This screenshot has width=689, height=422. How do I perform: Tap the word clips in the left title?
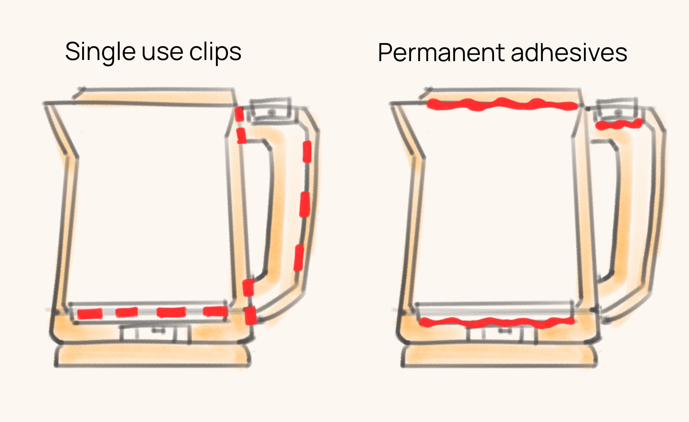tap(215, 52)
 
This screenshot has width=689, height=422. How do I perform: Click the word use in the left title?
tap(162, 52)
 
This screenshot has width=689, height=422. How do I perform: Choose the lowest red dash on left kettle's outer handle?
tap(298, 258)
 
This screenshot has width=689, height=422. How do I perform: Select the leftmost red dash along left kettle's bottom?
tap(90, 314)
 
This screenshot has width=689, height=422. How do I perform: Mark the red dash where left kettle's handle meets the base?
tap(250, 315)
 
